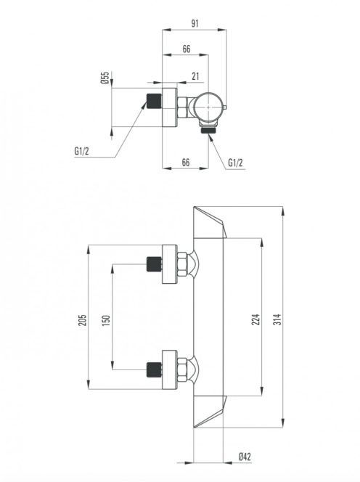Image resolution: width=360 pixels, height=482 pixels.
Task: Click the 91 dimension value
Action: coord(195,23)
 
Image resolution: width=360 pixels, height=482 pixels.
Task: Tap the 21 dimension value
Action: coord(195,76)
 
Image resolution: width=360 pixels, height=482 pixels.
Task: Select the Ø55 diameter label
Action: coord(105,78)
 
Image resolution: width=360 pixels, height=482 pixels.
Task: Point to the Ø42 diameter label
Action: coord(245,457)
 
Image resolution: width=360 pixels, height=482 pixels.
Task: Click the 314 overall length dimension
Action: coord(277,319)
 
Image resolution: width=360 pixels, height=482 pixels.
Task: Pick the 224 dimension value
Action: coord(255,319)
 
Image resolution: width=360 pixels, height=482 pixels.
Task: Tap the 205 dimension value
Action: coord(83,319)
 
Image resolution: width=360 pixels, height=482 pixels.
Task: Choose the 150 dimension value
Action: coord(106,321)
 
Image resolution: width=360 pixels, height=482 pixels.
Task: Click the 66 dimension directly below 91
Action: coord(187,49)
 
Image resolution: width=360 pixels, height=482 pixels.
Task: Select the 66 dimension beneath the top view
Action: coord(186,162)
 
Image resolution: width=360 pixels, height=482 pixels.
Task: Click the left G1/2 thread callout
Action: coord(81,151)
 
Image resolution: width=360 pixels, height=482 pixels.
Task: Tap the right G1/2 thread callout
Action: coord(235,163)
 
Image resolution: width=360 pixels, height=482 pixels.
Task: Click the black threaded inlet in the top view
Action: coord(155,100)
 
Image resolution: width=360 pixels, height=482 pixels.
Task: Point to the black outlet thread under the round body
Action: coord(208,131)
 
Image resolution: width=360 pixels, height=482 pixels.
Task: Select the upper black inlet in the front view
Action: coord(155,264)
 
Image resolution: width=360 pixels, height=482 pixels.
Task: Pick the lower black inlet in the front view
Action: coord(155,369)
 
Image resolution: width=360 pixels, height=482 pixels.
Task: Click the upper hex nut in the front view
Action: coord(182,264)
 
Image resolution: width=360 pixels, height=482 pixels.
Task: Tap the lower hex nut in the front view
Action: coord(182,369)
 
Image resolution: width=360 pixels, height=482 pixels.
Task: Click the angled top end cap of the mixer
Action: coord(210,222)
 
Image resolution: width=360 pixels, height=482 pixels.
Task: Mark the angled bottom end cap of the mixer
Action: coord(210,412)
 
